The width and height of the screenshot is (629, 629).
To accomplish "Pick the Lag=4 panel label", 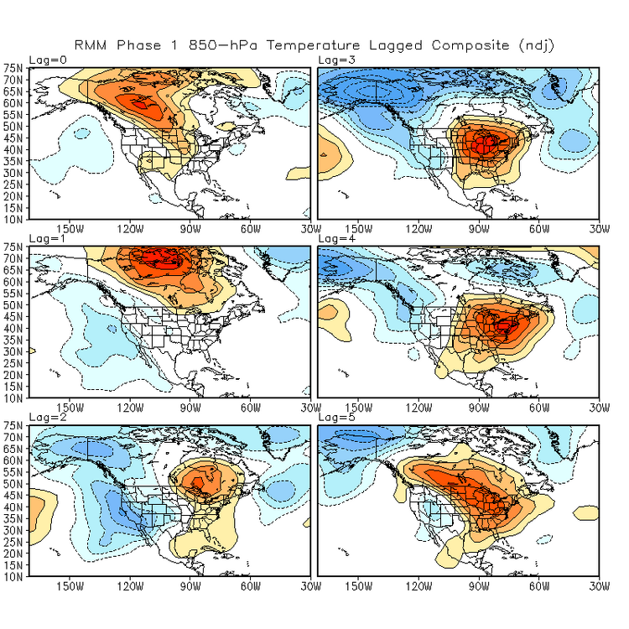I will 336,240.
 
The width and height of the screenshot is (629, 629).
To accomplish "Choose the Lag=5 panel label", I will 336,418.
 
